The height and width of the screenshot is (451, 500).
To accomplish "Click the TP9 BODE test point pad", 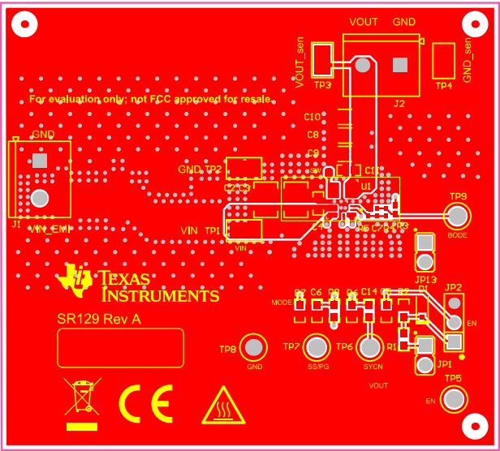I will pyautogui.click(x=458, y=216).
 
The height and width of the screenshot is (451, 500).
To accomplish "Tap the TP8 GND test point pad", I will pyautogui.click(x=254, y=348).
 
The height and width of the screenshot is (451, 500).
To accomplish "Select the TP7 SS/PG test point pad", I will pyautogui.click(x=317, y=348).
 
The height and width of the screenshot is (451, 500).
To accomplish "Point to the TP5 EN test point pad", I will pyautogui.click(x=456, y=399).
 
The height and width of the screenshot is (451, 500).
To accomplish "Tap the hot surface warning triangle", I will pyautogui.click(x=223, y=405).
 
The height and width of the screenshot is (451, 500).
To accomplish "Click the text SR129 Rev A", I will pyautogui.click(x=98, y=320).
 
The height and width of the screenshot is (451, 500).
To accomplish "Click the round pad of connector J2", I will pyautogui.click(x=363, y=65).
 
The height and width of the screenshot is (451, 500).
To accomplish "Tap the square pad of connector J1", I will pyautogui.click(x=39, y=161).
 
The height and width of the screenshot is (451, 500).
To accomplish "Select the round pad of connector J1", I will pyautogui.click(x=39, y=196).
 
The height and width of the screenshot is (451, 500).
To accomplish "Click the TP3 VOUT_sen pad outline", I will pyautogui.click(x=322, y=61).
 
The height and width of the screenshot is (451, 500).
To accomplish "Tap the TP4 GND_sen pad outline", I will pyautogui.click(x=443, y=61).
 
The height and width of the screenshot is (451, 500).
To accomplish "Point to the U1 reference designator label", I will pyautogui.click(x=366, y=187).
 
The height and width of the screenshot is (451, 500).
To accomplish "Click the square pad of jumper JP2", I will pyautogui.click(x=454, y=340).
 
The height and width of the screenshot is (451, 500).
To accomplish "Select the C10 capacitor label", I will pyautogui.click(x=312, y=118).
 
